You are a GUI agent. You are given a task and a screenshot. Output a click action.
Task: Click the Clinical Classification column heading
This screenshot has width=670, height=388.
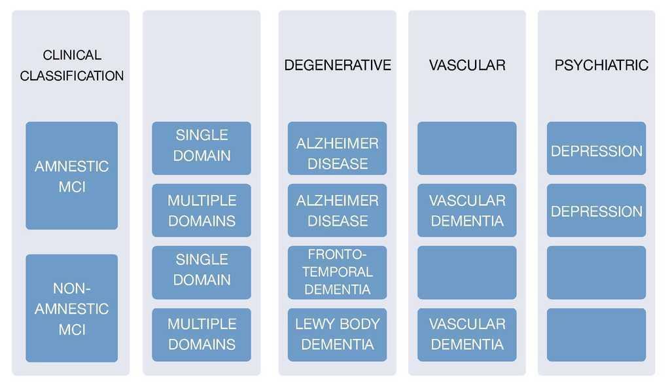click(x=72, y=65)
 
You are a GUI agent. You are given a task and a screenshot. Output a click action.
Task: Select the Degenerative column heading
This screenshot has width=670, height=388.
click(x=338, y=65)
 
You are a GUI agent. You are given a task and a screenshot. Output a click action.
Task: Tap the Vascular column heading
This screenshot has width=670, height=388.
click(x=467, y=65)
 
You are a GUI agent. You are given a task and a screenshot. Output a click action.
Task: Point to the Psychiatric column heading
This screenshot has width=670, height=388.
click(x=601, y=65)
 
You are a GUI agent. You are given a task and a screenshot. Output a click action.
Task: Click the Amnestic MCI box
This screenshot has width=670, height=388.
click(x=72, y=175)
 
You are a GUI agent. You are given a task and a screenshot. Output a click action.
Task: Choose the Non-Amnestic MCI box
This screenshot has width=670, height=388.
click(x=72, y=308)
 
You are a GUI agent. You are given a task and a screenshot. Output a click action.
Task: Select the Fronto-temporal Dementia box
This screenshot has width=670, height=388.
click(x=337, y=272)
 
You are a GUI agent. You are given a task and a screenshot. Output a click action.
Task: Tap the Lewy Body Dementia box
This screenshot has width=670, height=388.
click(x=337, y=334)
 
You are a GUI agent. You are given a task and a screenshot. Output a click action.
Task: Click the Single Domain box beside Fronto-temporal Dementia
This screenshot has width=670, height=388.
click(x=202, y=272)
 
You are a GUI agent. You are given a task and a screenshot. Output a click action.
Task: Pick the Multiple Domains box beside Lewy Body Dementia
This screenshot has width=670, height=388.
click(x=202, y=334)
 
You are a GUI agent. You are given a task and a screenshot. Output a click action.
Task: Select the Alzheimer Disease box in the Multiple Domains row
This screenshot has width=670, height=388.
click(x=337, y=210)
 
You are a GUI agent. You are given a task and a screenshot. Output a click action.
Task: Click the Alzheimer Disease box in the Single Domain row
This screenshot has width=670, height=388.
click(x=337, y=149)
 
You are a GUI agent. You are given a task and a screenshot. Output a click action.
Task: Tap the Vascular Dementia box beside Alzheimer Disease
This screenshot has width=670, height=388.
click(x=467, y=210)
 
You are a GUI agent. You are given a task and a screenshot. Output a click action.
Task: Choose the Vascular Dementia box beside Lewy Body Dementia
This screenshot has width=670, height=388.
click(x=467, y=334)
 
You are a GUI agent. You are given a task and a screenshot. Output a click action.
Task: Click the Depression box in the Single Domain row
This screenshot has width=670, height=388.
click(x=597, y=149)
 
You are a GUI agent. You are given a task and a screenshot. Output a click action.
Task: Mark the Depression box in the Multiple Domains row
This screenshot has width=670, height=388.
click(x=597, y=210)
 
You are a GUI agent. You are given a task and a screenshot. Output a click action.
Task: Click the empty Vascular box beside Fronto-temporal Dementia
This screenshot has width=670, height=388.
click(x=467, y=272)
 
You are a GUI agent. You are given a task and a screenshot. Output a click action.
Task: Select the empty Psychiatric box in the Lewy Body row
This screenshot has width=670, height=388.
click(x=597, y=334)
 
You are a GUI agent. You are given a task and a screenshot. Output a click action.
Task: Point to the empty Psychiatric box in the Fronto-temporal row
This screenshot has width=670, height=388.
click(x=597, y=272)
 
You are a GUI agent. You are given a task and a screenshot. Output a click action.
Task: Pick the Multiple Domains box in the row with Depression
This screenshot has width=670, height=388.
click(x=202, y=210)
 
